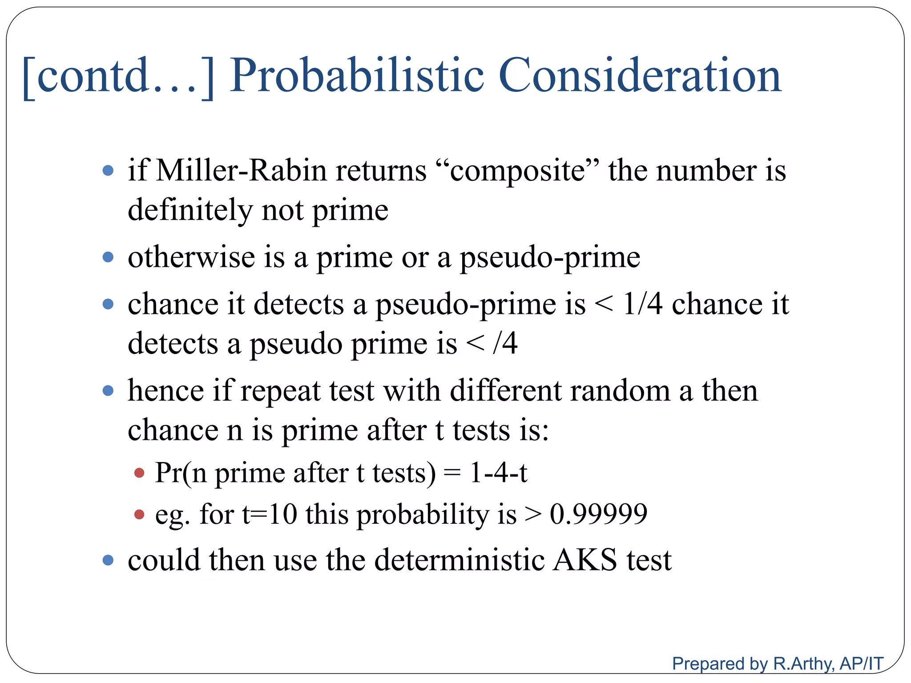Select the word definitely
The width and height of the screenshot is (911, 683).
coord(190,210)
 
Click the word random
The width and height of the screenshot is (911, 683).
coord(620,391)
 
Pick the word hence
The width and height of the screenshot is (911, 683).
coord(165,391)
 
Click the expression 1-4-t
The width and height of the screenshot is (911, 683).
coord(498,472)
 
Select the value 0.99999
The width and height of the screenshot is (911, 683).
coord(598,514)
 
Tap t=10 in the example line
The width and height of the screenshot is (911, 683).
coord(269,514)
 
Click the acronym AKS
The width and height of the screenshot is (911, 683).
coord(585,560)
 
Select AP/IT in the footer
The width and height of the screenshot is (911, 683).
coord(861,663)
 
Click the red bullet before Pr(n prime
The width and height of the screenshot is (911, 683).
coord(139,473)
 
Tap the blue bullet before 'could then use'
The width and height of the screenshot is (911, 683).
coord(108,560)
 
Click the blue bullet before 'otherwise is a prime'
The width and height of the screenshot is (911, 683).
coord(108,257)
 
